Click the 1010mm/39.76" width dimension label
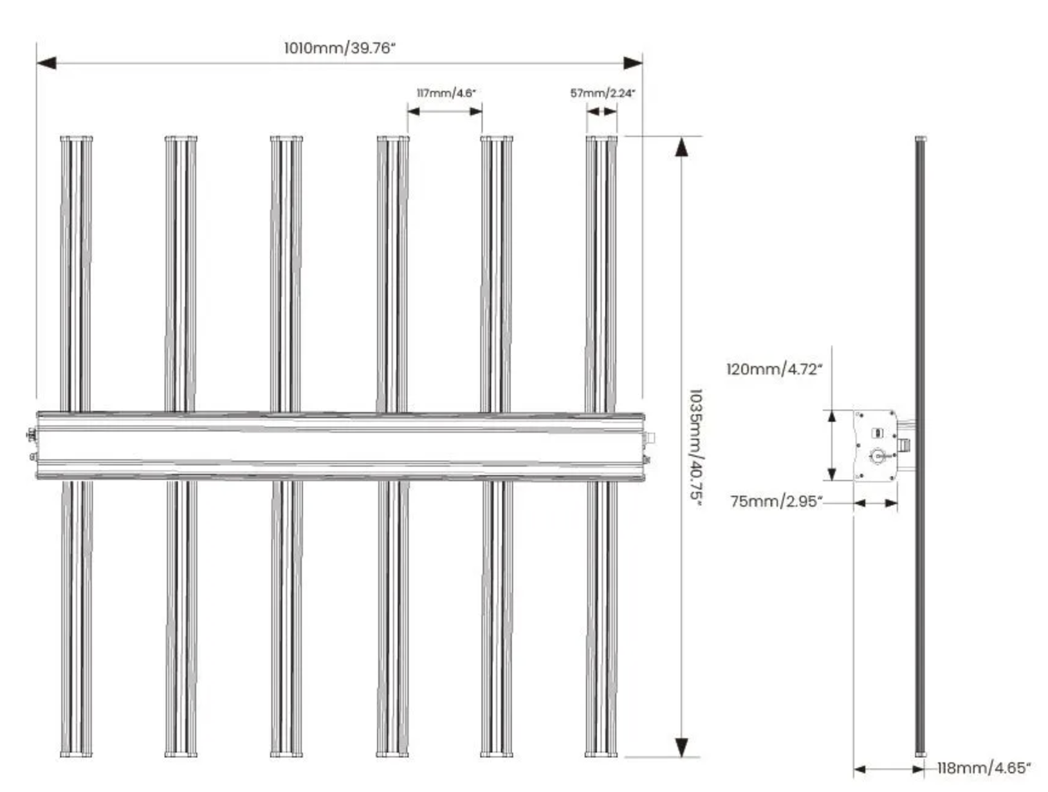click(340, 48)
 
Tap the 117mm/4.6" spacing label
click(446, 92)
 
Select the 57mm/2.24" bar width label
click(602, 92)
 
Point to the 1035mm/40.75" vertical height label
click(696, 448)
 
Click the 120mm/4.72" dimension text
click(774, 369)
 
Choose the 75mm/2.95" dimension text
click(777, 502)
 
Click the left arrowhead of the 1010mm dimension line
click(47, 63)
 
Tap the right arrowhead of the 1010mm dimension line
click(633, 63)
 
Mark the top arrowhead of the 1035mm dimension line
click(681, 146)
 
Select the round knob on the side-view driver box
click(877, 456)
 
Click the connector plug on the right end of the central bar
click(649, 438)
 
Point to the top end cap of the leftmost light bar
click(77, 139)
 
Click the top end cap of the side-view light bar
click(921, 139)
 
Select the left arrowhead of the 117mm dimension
click(413, 111)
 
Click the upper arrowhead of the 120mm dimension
click(832, 416)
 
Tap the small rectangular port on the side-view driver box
click(877, 433)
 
